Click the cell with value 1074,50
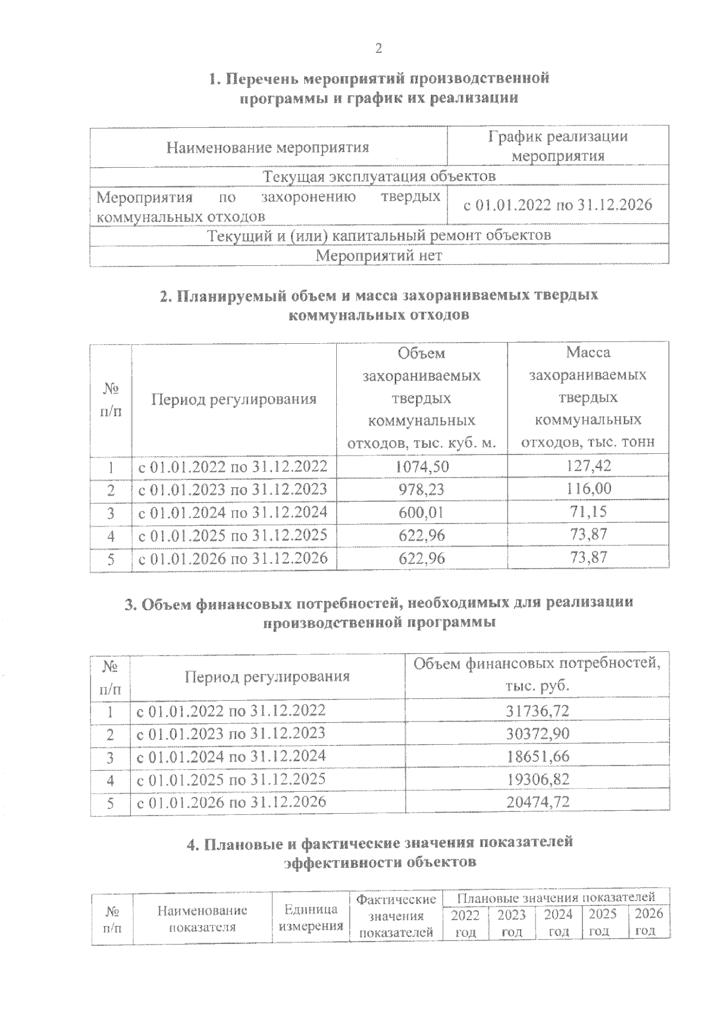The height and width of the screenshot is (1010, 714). (x=422, y=466)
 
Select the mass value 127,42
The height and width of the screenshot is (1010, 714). (x=588, y=466)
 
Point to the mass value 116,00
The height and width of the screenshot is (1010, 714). (x=588, y=489)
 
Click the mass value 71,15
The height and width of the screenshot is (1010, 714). (x=588, y=512)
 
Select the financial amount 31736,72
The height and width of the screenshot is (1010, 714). (x=537, y=711)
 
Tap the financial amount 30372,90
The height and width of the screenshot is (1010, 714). (x=537, y=733)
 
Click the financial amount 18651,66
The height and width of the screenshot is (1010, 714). (x=537, y=757)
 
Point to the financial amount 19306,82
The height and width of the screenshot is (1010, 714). (x=537, y=779)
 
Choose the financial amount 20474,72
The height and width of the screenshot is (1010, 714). (x=537, y=802)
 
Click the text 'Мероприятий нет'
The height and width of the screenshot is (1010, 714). (x=378, y=256)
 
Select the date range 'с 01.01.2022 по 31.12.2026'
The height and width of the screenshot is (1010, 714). (x=558, y=205)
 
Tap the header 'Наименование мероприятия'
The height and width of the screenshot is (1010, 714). (x=268, y=147)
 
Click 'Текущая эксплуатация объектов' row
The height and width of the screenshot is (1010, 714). (x=379, y=177)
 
